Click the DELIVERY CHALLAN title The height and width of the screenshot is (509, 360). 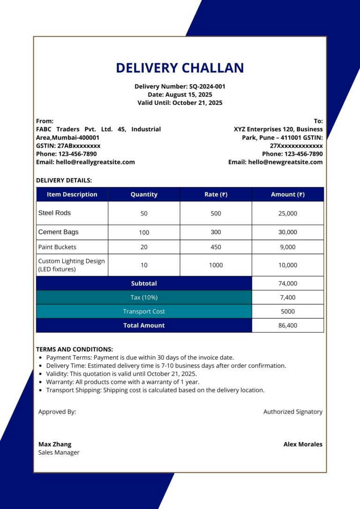180,68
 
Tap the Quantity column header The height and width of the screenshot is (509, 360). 144,195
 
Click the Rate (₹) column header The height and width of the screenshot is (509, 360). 216,195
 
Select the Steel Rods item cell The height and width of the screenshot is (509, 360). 54,213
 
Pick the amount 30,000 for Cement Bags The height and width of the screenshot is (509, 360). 287,232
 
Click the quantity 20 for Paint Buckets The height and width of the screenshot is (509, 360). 144,247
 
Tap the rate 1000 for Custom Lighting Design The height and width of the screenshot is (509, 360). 216,265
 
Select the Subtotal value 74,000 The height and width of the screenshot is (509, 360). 287,284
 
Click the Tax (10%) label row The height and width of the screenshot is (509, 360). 144,298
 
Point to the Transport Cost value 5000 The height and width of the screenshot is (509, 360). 287,312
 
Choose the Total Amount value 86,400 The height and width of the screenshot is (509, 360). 287,326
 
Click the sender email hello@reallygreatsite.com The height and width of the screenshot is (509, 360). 85,162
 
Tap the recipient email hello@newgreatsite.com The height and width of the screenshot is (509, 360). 276,162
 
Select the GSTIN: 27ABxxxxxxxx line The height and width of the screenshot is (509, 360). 68,146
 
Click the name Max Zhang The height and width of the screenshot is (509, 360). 55,444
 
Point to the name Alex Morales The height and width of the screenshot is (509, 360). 303,444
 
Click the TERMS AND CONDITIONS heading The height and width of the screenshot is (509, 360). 75,349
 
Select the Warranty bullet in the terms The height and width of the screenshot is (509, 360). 122,382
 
